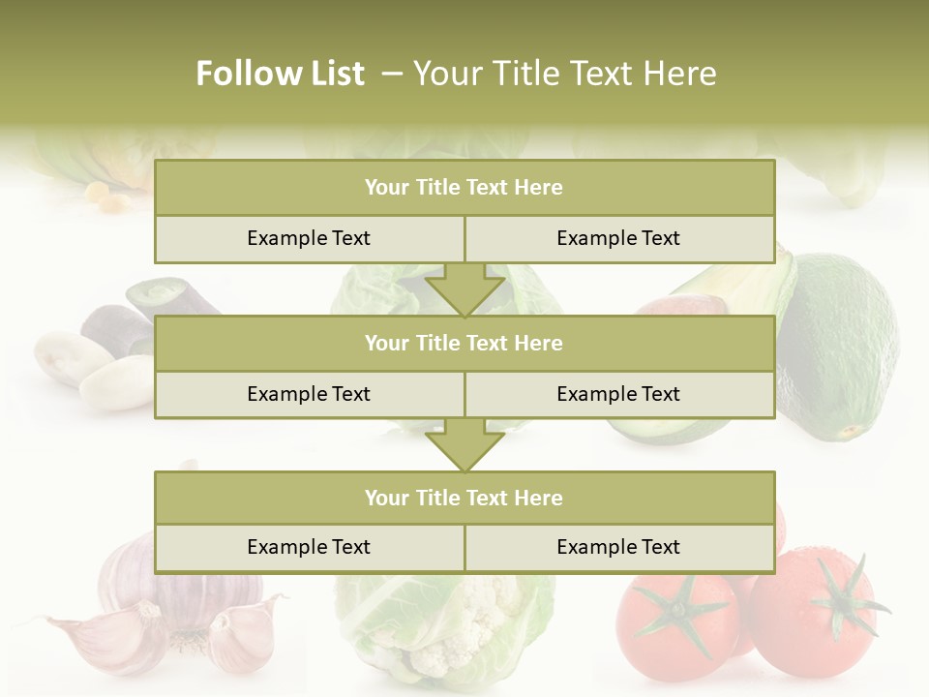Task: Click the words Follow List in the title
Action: coord(281,74)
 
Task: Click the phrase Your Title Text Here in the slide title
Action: coord(565,74)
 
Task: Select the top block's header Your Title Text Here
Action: coord(464,188)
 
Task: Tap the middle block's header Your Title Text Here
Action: coord(464,343)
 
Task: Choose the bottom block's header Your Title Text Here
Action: coord(464,498)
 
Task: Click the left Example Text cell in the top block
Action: coord(309,238)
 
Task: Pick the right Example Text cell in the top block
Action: coord(618,238)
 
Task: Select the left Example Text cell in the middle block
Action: coord(309,394)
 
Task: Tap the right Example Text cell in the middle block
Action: coord(618,394)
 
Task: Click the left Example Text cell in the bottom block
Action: coord(309,547)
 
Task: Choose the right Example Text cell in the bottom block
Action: coord(618,547)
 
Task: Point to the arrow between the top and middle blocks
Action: coord(464,289)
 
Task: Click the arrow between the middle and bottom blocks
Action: coord(464,445)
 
